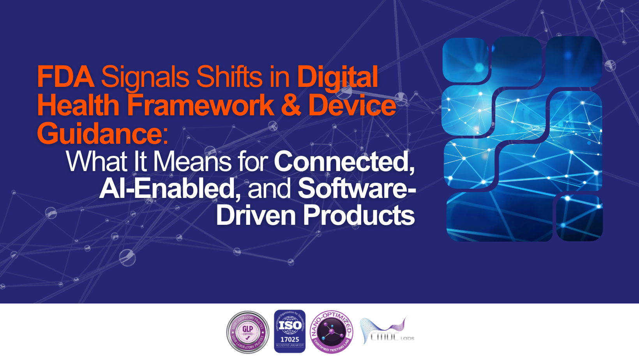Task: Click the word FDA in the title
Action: [x=65, y=77]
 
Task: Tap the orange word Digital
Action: [x=337, y=77]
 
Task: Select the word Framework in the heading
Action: [x=201, y=105]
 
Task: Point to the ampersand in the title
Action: [x=291, y=105]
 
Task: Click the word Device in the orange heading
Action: [x=352, y=105]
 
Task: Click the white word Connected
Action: [x=344, y=161]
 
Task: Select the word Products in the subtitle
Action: [x=359, y=215]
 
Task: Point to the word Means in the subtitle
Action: [x=192, y=161]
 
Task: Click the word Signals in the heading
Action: [x=145, y=77]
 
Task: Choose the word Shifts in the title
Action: [x=229, y=77]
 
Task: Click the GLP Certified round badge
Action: [x=248, y=332]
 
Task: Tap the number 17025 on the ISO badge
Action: [x=290, y=339]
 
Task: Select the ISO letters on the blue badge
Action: [x=290, y=325]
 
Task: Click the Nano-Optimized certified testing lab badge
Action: [x=332, y=332]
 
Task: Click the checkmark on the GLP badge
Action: [x=248, y=338]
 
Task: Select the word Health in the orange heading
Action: [x=78, y=105]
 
